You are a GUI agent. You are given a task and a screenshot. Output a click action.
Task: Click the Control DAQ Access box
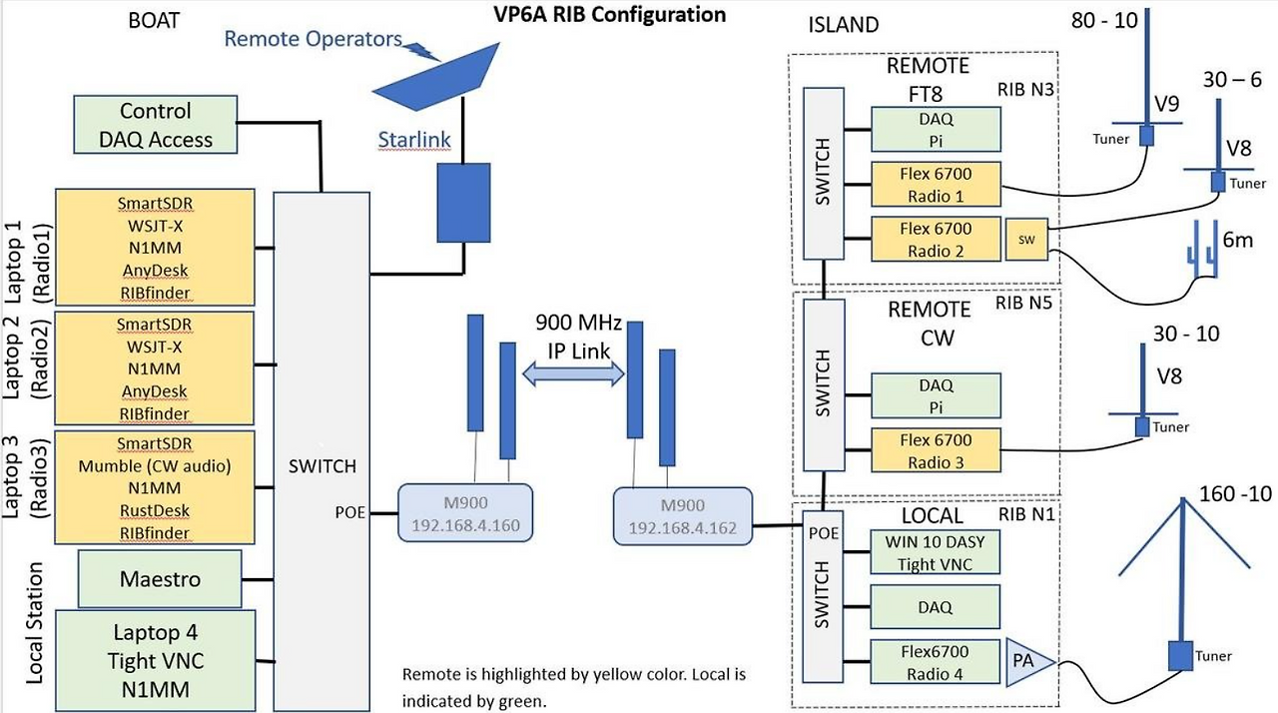pos(155,125)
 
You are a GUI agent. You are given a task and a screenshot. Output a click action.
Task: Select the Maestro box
pos(160,579)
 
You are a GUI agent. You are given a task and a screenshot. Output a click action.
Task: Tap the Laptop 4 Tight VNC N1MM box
pos(155,660)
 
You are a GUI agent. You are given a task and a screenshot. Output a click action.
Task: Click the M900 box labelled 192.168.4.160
pos(465,515)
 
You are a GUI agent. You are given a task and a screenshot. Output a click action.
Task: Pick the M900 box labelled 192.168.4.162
pos(682,516)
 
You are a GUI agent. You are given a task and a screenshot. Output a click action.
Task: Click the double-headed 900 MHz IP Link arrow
pos(574,372)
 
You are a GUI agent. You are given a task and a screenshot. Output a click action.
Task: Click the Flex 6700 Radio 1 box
pos(936,185)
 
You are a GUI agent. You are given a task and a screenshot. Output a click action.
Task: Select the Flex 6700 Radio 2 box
pos(936,240)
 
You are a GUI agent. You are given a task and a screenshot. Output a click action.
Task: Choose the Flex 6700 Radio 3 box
pos(936,451)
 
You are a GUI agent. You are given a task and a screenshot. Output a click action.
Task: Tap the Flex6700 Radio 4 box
pos(936,662)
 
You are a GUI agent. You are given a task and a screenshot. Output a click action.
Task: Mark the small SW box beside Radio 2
pos(1027,241)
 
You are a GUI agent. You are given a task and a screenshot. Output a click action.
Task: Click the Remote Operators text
pos(313,39)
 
